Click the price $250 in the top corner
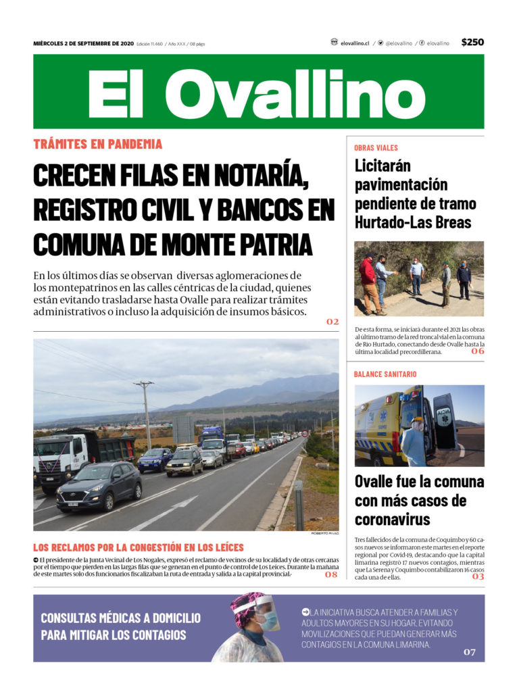tap(472, 42)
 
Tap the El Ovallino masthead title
tap(257, 93)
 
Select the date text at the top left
tap(83, 43)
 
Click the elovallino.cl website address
tap(355, 43)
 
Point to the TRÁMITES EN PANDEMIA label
tap(98, 144)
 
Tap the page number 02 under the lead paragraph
tap(332, 322)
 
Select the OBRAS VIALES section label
tap(376, 147)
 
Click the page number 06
tap(478, 351)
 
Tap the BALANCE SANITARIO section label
tap(385, 374)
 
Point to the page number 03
tap(478, 576)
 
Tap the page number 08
tap(331, 574)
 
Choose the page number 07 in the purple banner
tap(470, 652)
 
